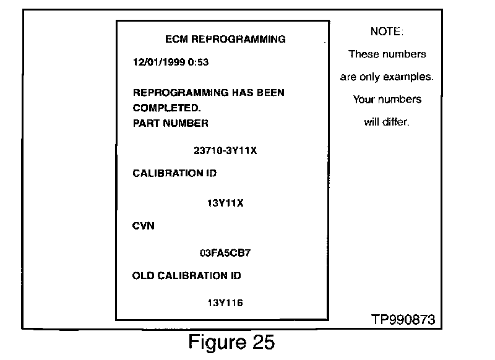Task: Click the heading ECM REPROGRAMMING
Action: tap(225, 40)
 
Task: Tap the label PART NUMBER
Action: tap(171, 122)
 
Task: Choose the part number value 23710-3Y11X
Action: tap(225, 151)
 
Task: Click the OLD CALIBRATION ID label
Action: tap(187, 275)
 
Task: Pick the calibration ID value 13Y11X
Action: tap(225, 202)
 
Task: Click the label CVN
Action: tap(144, 226)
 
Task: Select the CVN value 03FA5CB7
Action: tap(225, 252)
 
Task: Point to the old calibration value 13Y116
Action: tap(225, 302)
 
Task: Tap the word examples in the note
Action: tap(408, 77)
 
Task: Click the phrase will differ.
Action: tap(387, 122)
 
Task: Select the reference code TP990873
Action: tap(403, 320)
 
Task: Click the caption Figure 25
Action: tap(231, 341)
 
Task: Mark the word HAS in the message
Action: tap(241, 93)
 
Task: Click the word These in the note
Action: tap(363, 54)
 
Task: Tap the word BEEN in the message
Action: tap(270, 93)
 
